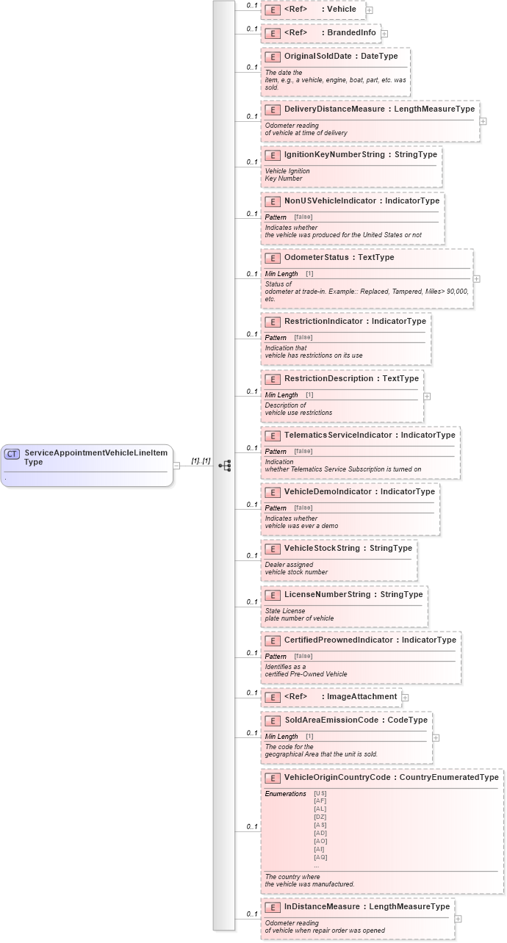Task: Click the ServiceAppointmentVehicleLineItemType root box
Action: [87, 465]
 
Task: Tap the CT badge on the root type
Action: [12, 454]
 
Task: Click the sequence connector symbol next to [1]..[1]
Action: [225, 466]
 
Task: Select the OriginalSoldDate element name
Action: [317, 57]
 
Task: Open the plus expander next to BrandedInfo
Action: [384, 34]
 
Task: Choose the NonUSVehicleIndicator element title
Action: [330, 201]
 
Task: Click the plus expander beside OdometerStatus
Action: [477, 279]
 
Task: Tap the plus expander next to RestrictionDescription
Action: [427, 396]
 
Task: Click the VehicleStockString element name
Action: [323, 549]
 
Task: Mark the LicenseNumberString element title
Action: [327, 594]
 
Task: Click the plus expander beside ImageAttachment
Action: [405, 697]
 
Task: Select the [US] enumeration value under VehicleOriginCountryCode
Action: [320, 793]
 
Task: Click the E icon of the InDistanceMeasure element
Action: [273, 907]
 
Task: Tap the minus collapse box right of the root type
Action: [176, 466]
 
